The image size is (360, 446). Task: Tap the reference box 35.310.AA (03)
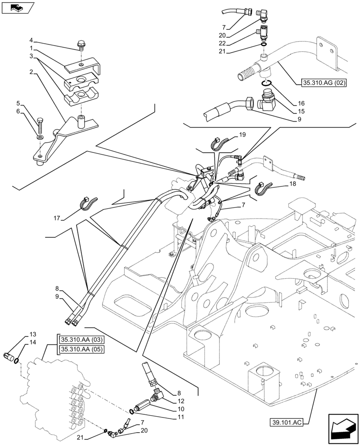(81, 339)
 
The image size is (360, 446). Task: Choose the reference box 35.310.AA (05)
(81, 349)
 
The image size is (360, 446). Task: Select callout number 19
(242, 134)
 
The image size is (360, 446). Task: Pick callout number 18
(292, 183)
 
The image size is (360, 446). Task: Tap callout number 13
(33, 334)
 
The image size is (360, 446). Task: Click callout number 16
(301, 103)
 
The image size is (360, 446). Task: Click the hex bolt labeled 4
(82, 44)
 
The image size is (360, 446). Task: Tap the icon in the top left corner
(17, 8)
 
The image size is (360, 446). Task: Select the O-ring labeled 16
(266, 83)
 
